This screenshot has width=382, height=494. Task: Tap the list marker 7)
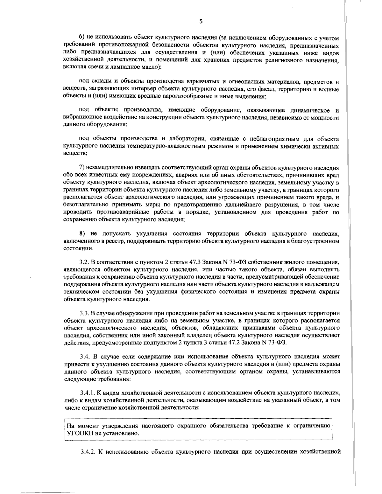point(81,168)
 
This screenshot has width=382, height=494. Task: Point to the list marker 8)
point(81,234)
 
